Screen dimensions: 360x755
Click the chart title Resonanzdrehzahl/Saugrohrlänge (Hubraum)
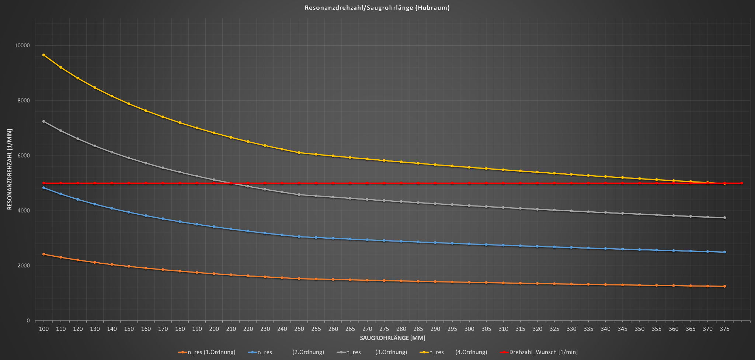click(x=377, y=8)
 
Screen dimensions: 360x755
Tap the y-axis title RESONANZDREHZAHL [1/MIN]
click(x=10, y=169)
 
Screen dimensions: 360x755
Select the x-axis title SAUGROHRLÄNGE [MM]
click(x=393, y=338)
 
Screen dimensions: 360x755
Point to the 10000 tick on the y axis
click(x=22, y=46)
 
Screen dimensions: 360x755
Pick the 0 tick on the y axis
click(x=28, y=321)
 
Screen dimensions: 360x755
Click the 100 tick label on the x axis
click(x=44, y=329)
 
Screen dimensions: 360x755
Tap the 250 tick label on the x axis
click(x=299, y=329)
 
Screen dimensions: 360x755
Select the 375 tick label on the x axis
click(x=724, y=329)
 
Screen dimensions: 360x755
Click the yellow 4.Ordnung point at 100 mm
click(x=44, y=55)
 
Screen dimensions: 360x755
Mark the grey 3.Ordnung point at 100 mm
click(x=44, y=121)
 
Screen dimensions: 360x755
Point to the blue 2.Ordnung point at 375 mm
click(x=724, y=252)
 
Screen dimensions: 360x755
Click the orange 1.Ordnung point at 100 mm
click(x=44, y=254)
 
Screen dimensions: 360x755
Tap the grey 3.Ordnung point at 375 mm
click(x=724, y=218)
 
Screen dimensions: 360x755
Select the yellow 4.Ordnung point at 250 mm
click(x=299, y=153)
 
